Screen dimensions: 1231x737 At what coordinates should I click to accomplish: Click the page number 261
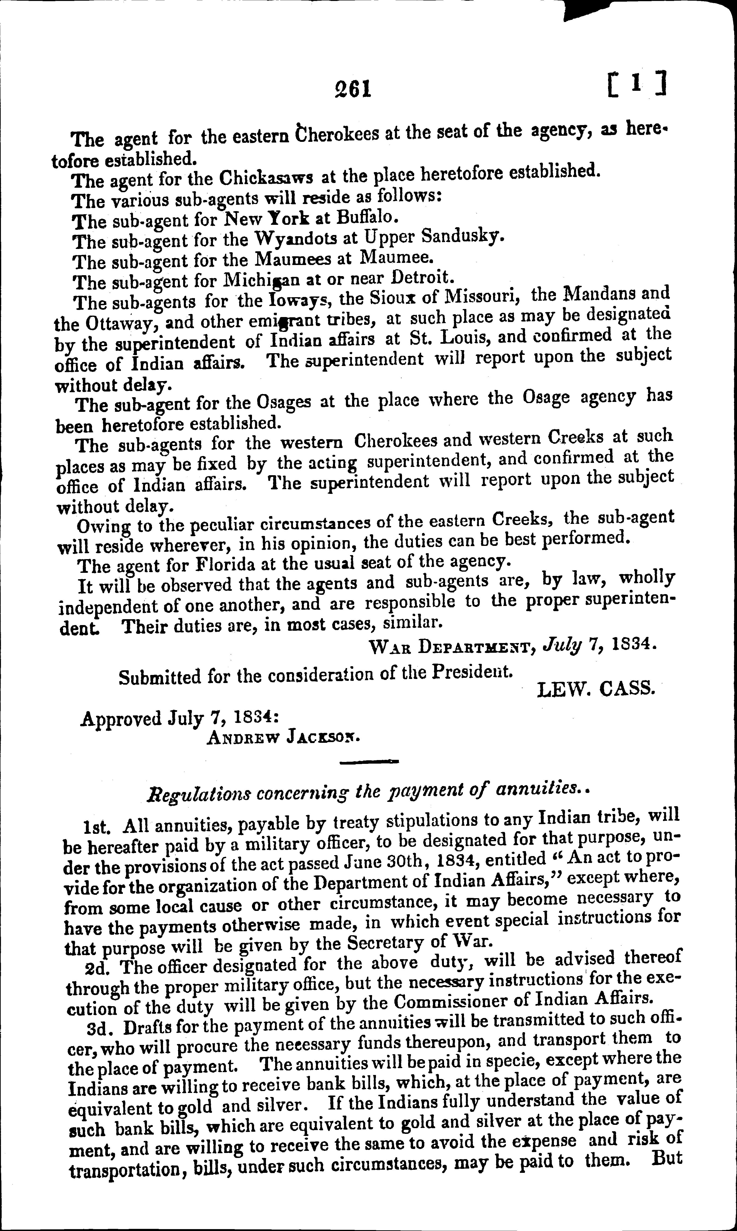coord(353,89)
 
